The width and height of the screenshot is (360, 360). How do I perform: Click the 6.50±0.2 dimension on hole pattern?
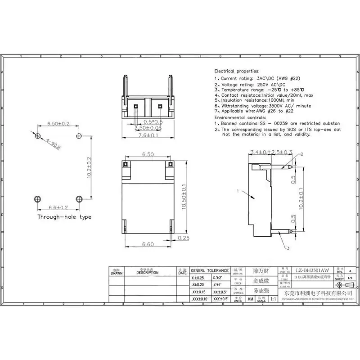coord(58,123)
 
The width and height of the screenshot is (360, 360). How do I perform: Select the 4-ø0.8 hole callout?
coord(54,143)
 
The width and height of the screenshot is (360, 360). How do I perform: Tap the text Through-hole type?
coord(64,217)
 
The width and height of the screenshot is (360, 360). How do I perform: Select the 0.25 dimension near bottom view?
coord(183,238)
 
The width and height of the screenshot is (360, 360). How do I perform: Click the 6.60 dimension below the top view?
coord(148,244)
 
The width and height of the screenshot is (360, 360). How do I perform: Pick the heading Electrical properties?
coord(237,71)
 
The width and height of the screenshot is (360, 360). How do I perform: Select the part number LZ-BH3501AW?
coord(311,271)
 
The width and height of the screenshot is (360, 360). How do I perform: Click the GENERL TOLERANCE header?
coord(210,270)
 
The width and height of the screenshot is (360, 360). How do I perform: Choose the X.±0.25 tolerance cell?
coord(198,278)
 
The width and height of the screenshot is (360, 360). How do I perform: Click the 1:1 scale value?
coord(273,299)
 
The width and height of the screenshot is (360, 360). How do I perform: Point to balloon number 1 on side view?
coord(238,192)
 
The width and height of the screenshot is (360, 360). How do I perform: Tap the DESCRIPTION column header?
coord(148,272)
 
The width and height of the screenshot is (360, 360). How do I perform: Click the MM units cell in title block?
coord(250,299)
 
